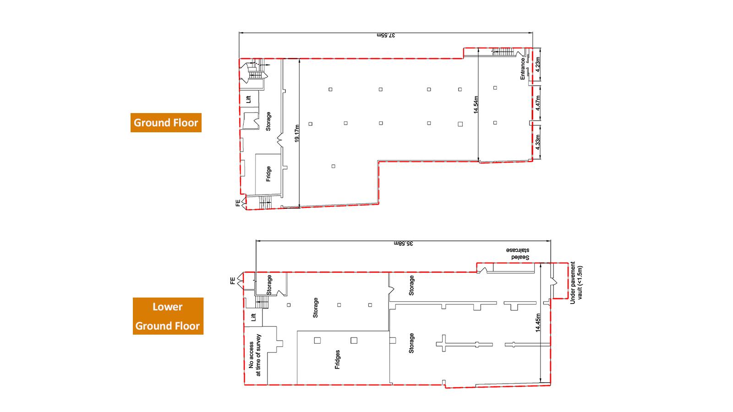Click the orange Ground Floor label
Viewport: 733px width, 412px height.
[166, 123]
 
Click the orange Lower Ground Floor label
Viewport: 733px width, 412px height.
[168, 316]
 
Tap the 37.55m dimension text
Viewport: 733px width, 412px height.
[386, 35]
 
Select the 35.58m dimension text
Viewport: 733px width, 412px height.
[404, 244]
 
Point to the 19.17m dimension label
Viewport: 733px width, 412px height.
[297, 133]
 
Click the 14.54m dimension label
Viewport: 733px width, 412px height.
[476, 105]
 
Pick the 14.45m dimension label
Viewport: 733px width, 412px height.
[538, 323]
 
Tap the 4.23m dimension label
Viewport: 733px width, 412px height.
[538, 65]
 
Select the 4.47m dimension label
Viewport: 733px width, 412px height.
[538, 103]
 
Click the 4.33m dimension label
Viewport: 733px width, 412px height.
[538, 142]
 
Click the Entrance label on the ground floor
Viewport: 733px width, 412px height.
[523, 69]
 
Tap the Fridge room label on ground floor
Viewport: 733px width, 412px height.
[268, 174]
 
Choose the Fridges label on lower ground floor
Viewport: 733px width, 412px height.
[337, 360]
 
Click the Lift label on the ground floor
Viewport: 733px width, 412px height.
[248, 99]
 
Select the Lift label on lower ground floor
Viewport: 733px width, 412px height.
[253, 317]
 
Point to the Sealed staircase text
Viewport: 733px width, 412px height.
[518, 254]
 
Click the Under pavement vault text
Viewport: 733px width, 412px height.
[576, 283]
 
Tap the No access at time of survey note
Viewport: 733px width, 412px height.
[255, 355]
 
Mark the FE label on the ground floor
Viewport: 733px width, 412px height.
[238, 203]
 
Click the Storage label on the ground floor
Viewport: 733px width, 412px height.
[268, 122]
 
